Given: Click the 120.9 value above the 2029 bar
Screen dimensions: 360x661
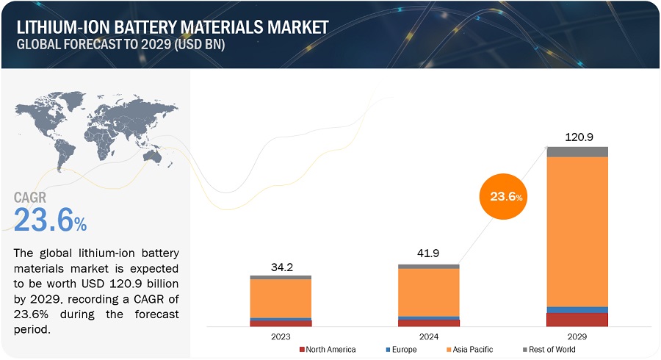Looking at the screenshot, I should click(577, 137).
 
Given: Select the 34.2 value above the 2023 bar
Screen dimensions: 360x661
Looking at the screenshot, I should click(281, 267).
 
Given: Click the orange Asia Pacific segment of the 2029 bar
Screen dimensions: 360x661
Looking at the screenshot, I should click(577, 231).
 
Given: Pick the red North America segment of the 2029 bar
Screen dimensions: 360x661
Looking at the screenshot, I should click(577, 320).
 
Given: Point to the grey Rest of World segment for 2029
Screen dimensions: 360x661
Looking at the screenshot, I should click(577, 151).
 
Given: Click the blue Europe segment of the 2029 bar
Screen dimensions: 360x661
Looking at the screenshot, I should click(577, 309).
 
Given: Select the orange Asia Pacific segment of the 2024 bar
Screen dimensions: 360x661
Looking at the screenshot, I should click(428, 292).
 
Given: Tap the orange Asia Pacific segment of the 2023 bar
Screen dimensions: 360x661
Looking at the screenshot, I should click(281, 298).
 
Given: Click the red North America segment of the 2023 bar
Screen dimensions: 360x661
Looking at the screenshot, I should click(281, 323).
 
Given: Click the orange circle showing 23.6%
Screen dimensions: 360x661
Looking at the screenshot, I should click(505, 196).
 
